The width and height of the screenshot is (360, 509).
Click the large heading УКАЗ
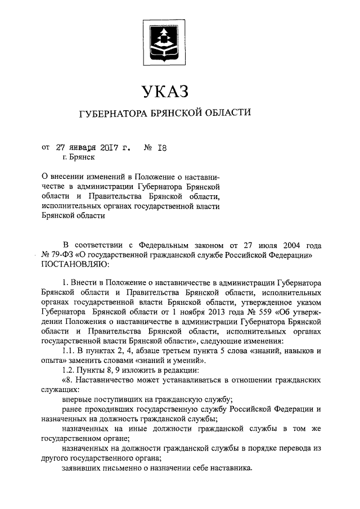coord(163,90)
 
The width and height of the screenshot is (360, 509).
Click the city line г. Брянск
coord(71,159)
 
